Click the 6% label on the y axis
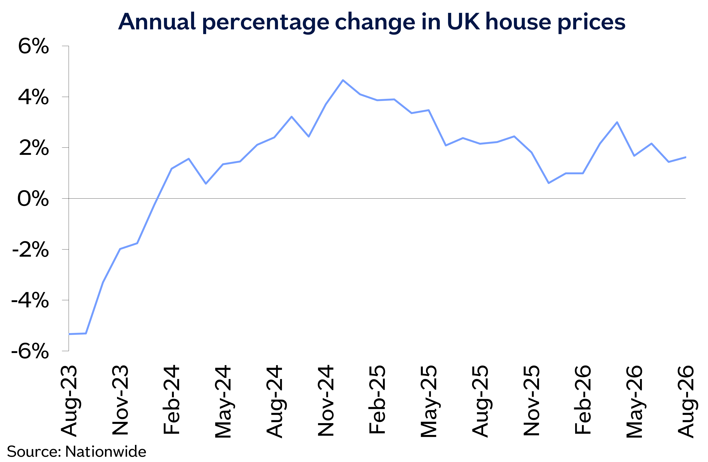[x=33, y=46]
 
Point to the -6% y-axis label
[x=30, y=351]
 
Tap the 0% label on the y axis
[x=33, y=199]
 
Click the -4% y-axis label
[x=30, y=300]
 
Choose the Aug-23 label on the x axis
[x=69, y=401]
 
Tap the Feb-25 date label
[x=377, y=399]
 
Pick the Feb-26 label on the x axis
[x=583, y=399]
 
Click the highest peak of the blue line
[x=343, y=80]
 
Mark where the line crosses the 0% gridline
[x=157, y=198]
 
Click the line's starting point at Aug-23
[x=69, y=334]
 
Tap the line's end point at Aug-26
[x=686, y=157]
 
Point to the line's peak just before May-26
[x=617, y=122]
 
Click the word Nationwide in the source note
[x=106, y=452]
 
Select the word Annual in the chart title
[x=157, y=22]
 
